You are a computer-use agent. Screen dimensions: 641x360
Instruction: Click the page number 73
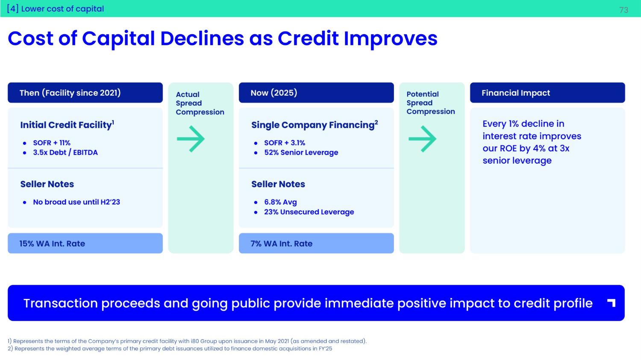point(624,10)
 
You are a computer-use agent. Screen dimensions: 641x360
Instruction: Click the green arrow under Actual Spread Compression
point(191,139)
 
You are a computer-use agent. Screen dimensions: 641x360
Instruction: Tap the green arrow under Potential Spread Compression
point(422,139)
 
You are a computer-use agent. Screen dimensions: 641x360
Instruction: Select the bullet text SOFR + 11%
point(52,143)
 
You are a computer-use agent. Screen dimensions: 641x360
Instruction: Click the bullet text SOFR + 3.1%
point(285,143)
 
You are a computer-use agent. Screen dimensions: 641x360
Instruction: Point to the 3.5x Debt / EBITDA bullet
point(65,152)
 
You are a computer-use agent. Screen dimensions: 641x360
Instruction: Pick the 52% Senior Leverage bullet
point(301,152)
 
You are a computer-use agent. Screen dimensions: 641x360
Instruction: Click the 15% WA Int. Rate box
point(85,243)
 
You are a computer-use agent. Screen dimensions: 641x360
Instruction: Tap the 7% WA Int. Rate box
point(316,243)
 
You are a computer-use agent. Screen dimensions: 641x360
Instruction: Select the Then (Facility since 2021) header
point(85,93)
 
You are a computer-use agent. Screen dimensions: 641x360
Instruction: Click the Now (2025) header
point(316,93)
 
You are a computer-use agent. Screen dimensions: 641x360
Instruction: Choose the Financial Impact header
point(547,93)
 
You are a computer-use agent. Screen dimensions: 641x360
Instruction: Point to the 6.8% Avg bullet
point(280,202)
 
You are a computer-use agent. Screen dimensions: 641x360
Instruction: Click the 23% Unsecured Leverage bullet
point(309,212)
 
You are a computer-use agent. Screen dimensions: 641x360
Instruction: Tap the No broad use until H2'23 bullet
point(76,202)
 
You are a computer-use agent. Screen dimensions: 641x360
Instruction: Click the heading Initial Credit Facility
point(67,125)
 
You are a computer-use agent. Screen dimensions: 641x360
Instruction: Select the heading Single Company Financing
point(315,125)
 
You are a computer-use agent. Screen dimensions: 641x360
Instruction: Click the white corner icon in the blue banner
point(611,303)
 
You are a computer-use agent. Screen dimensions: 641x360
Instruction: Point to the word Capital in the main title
point(118,39)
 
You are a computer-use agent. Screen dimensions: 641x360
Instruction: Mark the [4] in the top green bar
point(13,9)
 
